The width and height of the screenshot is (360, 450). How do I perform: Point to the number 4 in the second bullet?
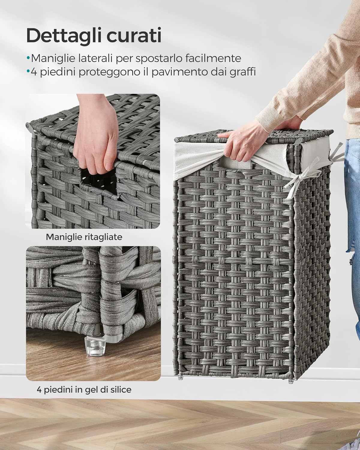(33, 72)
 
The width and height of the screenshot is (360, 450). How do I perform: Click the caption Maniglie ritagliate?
(84, 237)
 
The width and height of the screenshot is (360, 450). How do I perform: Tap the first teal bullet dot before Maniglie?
(28, 58)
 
